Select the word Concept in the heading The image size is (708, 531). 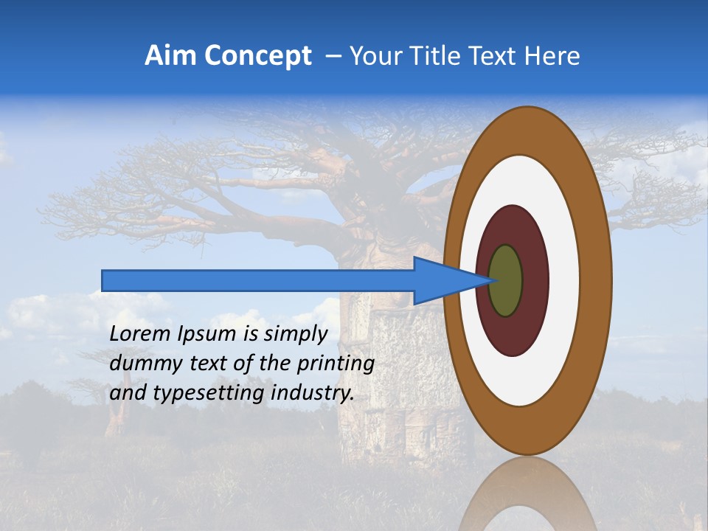pos(258,57)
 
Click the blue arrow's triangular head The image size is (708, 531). pos(442,281)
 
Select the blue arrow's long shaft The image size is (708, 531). pos(258,280)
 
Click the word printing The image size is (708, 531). pos(336,364)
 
